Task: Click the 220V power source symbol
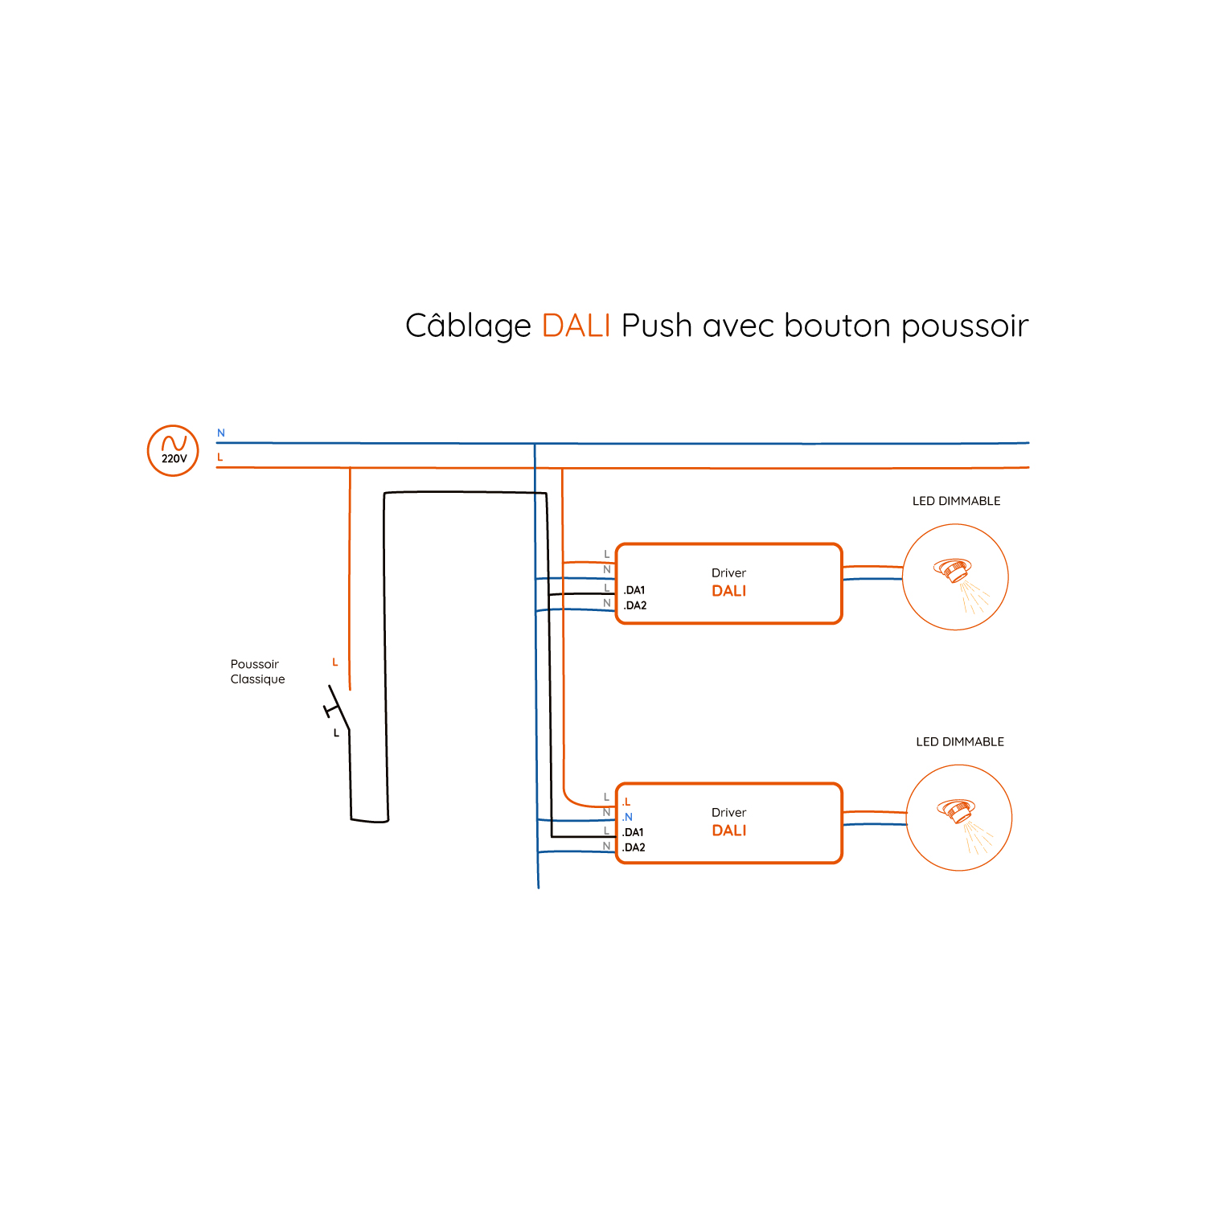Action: pyautogui.click(x=173, y=450)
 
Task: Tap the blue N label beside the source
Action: pyautogui.click(x=221, y=433)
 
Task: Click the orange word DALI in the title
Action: pyautogui.click(x=576, y=326)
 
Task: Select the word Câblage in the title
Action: pyautogui.click(x=468, y=326)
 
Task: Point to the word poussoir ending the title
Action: pyautogui.click(x=965, y=326)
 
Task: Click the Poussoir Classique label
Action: pyautogui.click(x=257, y=671)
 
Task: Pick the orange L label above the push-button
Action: pyautogui.click(x=335, y=662)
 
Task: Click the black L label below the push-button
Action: pyautogui.click(x=336, y=732)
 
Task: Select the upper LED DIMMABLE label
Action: pyautogui.click(x=956, y=501)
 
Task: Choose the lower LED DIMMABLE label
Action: pyautogui.click(x=960, y=742)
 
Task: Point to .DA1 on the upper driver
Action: pyautogui.click(x=634, y=590)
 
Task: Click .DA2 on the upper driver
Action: pyautogui.click(x=635, y=605)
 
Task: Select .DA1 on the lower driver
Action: pyautogui.click(x=633, y=832)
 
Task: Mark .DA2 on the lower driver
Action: pyautogui.click(x=634, y=847)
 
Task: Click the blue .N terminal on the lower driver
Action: pyautogui.click(x=628, y=817)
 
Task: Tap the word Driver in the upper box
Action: pyautogui.click(x=728, y=573)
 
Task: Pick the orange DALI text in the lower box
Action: pyautogui.click(x=729, y=831)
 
